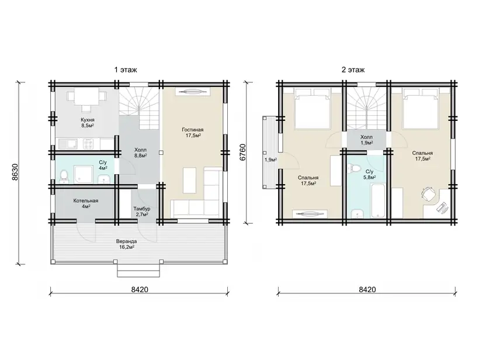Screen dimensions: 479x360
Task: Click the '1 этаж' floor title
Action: pyautogui.click(x=126, y=70)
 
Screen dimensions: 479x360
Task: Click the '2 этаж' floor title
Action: pyautogui.click(x=353, y=70)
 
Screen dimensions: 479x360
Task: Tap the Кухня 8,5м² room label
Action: pyautogui.click(x=88, y=123)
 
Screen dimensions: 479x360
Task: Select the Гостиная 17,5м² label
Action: pyautogui.click(x=193, y=133)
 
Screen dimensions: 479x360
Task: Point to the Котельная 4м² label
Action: pyautogui.click(x=85, y=203)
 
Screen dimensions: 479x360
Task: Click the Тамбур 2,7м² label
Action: pyautogui.click(x=142, y=212)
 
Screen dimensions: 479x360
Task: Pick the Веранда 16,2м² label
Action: pyautogui.click(x=127, y=244)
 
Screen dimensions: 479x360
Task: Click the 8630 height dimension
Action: pyautogui.click(x=16, y=172)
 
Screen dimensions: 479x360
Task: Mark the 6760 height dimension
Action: pyautogui.click(x=242, y=152)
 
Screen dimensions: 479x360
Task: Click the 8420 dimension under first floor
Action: pyautogui.click(x=140, y=289)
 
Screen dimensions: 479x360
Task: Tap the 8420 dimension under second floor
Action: pyautogui.click(x=367, y=289)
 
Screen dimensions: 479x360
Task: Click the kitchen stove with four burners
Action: pyautogui.click(x=88, y=143)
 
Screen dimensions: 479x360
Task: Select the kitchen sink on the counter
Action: pyautogui.click(x=65, y=143)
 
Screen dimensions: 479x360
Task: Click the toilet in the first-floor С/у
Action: pyautogui.click(x=64, y=176)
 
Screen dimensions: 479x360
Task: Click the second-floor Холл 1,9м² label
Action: pyautogui.click(x=366, y=140)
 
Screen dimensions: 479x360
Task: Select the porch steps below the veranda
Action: pyautogui.click(x=138, y=271)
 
